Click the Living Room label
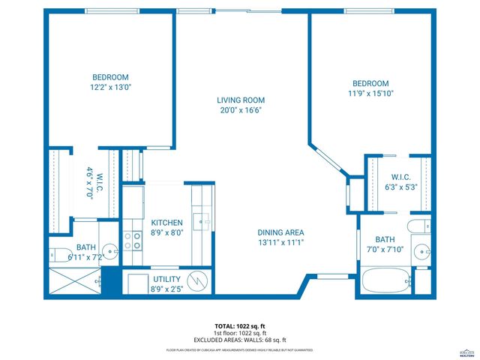(x=241, y=100)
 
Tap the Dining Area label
(x=281, y=232)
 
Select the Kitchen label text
(x=166, y=223)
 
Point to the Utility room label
(x=166, y=278)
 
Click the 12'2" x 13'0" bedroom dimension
(x=110, y=88)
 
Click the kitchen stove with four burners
(x=133, y=240)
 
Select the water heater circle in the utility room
(x=196, y=281)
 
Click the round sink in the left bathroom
(x=109, y=251)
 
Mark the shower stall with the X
(x=73, y=281)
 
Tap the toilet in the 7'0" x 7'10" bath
(x=413, y=227)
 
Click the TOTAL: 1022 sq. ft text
(x=239, y=326)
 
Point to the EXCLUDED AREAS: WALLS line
(x=239, y=340)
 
